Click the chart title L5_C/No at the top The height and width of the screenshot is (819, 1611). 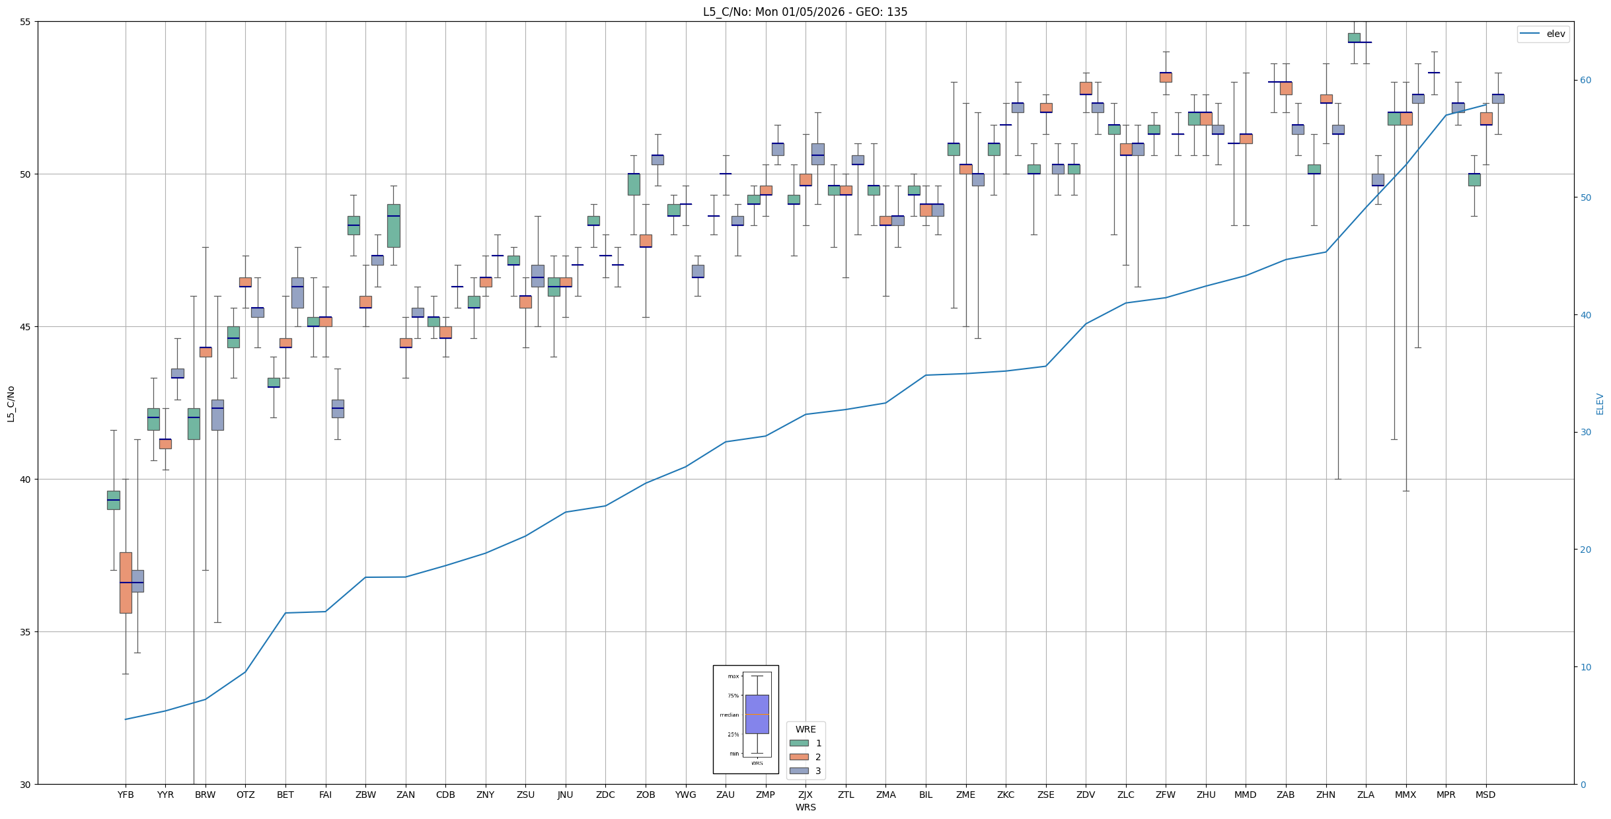(805, 12)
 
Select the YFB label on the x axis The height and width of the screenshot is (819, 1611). (126, 795)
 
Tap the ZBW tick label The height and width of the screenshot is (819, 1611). (365, 795)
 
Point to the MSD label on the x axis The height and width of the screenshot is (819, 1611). (1485, 795)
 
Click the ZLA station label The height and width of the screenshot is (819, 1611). (1365, 795)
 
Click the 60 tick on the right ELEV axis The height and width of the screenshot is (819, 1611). (1585, 81)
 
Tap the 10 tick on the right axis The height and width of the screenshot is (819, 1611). (1585, 667)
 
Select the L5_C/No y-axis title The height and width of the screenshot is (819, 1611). (11, 404)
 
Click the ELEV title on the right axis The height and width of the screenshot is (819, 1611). (1600, 404)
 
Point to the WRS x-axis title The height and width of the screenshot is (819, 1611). (805, 807)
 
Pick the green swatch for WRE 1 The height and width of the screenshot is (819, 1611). (799, 743)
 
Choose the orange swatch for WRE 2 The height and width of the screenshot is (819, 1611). (799, 757)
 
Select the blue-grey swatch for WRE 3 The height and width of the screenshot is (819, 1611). (799, 771)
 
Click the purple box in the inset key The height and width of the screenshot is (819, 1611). (757, 714)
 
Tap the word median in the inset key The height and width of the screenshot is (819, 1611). (730, 715)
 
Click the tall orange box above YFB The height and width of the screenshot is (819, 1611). (126, 583)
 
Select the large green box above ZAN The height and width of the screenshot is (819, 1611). (393, 226)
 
